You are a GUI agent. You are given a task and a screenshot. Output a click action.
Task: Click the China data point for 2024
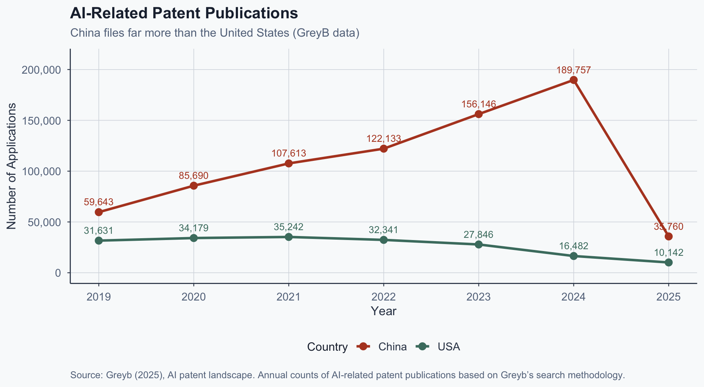[573, 80]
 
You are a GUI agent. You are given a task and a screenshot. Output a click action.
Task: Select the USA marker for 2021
[289, 237]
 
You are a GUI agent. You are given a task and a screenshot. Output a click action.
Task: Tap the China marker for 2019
[99, 212]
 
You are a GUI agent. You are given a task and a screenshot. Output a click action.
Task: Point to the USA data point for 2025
[668, 262]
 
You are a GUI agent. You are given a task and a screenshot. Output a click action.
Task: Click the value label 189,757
[573, 70]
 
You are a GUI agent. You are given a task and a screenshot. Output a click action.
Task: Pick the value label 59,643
[99, 202]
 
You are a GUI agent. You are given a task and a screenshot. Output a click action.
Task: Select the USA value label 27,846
[478, 235]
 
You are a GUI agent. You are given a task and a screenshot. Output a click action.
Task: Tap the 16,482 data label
[573, 246]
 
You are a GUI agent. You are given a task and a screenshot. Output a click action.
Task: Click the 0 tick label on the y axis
[58, 273]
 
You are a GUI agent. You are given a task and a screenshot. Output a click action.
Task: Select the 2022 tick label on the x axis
[384, 296]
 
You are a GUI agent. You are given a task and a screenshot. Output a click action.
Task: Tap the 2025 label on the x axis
[668, 296]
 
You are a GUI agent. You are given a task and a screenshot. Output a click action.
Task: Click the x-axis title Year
[384, 311]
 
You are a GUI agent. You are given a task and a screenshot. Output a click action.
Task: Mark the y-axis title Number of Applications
[11, 166]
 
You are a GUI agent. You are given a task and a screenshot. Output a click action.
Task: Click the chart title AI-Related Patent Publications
[184, 14]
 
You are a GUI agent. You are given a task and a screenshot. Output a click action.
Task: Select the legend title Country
[327, 347]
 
